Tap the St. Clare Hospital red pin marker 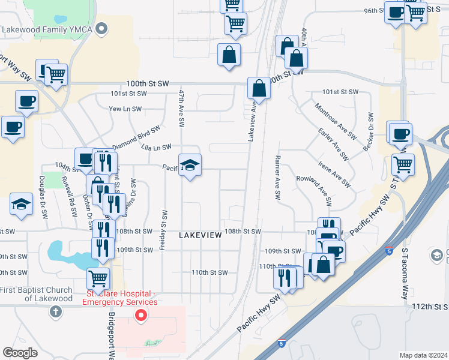coord(140,315)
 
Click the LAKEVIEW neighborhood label coord(200,236)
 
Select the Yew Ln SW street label coord(125,109)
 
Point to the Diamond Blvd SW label coord(136,137)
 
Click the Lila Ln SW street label coord(156,147)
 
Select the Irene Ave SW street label coord(333,172)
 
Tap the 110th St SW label coord(209,272)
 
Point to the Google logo coord(20,353)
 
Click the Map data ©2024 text coord(423,355)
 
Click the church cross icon coord(56,311)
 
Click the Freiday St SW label coord(163,224)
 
